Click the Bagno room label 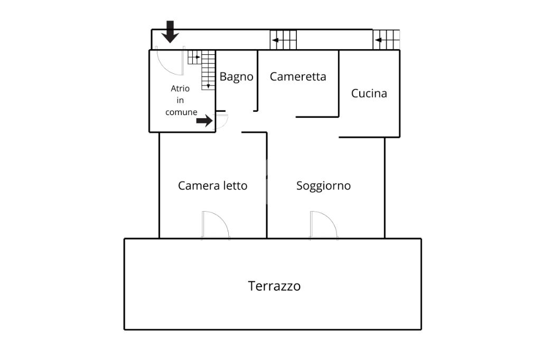(x=236, y=77)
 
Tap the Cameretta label (x=298, y=77)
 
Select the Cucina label (x=369, y=93)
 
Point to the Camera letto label (x=212, y=185)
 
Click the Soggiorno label (x=323, y=186)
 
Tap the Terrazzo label (x=274, y=286)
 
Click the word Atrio (x=180, y=89)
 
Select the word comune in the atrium (x=181, y=112)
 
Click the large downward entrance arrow (x=170, y=32)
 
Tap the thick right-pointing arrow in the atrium (x=204, y=121)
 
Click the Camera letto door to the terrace (x=216, y=225)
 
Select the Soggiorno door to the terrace (x=324, y=225)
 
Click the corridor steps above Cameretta (x=283, y=40)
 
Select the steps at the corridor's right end (x=386, y=40)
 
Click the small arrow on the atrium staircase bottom (x=208, y=86)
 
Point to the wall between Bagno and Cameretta (x=257, y=81)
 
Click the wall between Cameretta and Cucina (x=339, y=83)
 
